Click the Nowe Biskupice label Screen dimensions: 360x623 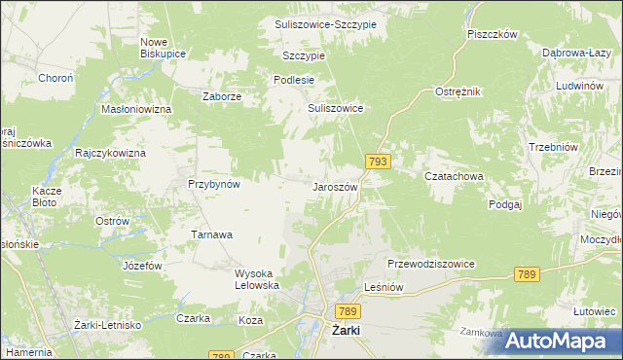pyautogui.click(x=163, y=48)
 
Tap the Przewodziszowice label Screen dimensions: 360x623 pyautogui.click(x=430, y=264)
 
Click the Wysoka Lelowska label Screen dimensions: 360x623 pyautogui.click(x=257, y=279)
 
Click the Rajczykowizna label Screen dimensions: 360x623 pyautogui.click(x=110, y=154)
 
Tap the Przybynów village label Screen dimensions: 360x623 pyautogui.click(x=214, y=183)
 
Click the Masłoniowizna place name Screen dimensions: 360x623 pyautogui.click(x=136, y=109)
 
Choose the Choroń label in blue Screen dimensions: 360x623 pyautogui.click(x=55, y=78)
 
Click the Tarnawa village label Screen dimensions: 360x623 pyautogui.click(x=211, y=234)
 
